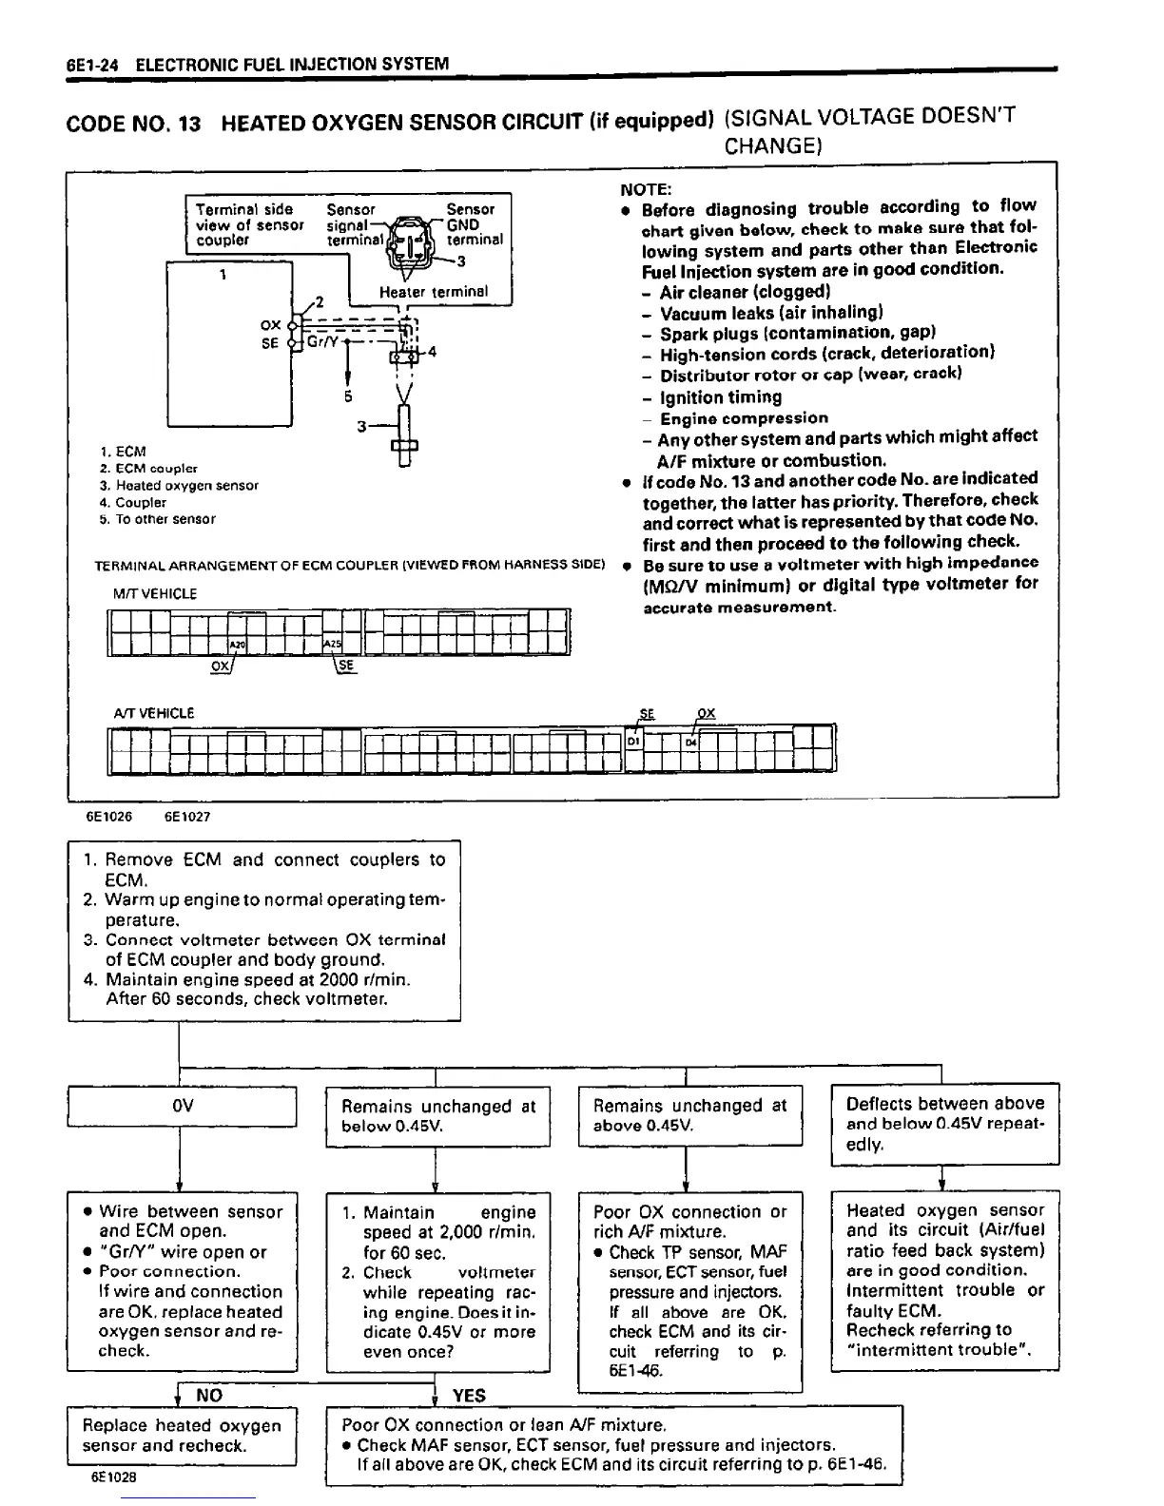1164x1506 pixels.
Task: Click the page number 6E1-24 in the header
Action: point(94,65)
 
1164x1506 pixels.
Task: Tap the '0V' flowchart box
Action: point(183,1106)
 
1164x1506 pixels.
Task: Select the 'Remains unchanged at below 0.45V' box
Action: point(437,1116)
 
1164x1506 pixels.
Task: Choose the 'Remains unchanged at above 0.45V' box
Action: point(689,1115)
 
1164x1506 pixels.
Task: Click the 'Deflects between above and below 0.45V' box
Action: point(944,1123)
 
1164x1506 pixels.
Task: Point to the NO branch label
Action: point(208,1395)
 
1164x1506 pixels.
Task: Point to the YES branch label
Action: point(469,1395)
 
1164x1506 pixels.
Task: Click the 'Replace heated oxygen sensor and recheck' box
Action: point(182,1435)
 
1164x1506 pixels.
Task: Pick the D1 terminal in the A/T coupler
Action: point(633,740)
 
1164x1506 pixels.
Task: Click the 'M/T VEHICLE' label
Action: point(154,593)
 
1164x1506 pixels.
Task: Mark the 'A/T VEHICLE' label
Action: point(153,712)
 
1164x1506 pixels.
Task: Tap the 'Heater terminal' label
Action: point(433,292)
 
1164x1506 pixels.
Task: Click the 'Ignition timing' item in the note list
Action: point(720,396)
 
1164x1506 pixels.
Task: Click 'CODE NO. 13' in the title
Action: point(133,125)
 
